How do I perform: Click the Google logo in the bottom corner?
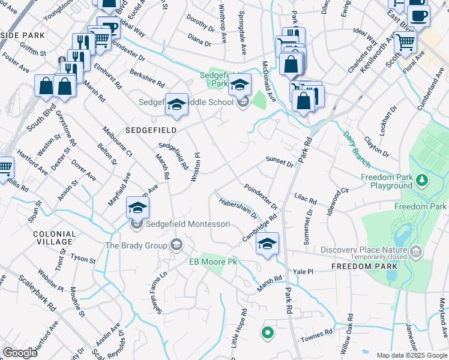pos(20,353)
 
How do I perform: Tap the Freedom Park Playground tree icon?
pos(423,179)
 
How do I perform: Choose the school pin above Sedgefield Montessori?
pos(137,208)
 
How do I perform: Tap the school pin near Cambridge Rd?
pos(267,243)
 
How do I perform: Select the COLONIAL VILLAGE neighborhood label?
pos(55,238)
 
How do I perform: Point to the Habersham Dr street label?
pos(238,208)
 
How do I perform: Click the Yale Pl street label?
pos(303,271)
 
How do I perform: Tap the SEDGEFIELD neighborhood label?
pos(150,130)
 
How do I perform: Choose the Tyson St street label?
pos(83,260)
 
